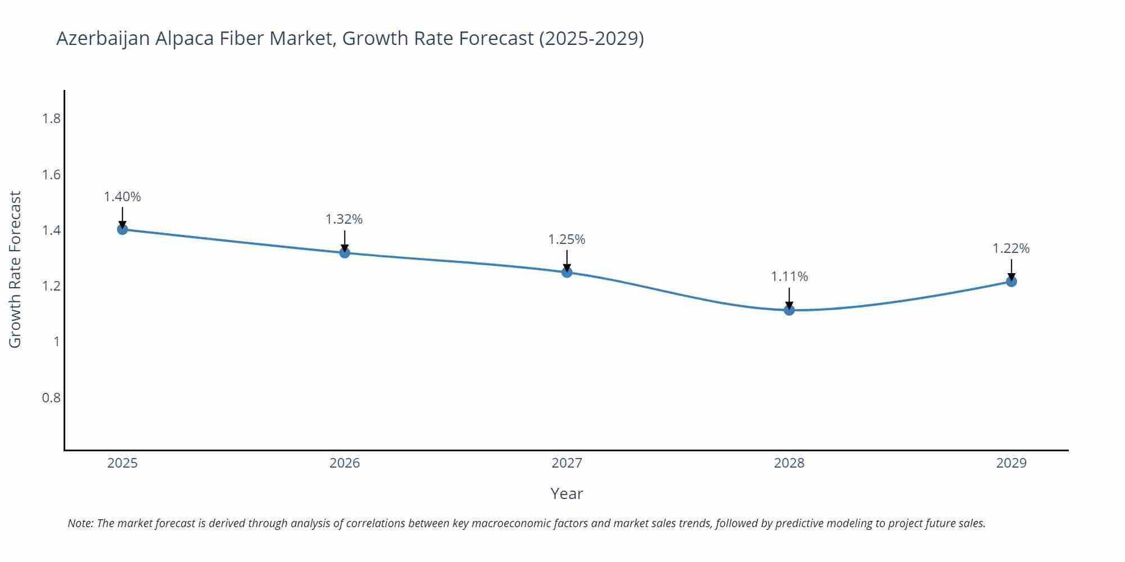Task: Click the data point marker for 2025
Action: pyautogui.click(x=122, y=229)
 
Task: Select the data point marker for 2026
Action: pyautogui.click(x=345, y=253)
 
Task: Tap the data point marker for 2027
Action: pyautogui.click(x=567, y=273)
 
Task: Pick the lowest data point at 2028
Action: pyautogui.click(x=789, y=310)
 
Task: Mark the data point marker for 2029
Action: pyautogui.click(x=1011, y=282)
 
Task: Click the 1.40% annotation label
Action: pyautogui.click(x=122, y=197)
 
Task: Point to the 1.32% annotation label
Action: pyautogui.click(x=344, y=219)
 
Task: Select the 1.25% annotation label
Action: pyautogui.click(x=567, y=239)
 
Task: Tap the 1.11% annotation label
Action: pyautogui.click(x=789, y=277)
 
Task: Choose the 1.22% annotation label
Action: pyautogui.click(x=1011, y=248)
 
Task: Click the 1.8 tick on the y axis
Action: pyautogui.click(x=52, y=119)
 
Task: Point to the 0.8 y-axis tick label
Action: pyautogui.click(x=52, y=398)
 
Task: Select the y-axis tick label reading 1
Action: pyautogui.click(x=57, y=342)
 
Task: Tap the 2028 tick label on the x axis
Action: pyautogui.click(x=789, y=463)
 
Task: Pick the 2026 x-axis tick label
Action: pyautogui.click(x=345, y=463)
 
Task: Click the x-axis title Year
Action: pyautogui.click(x=567, y=493)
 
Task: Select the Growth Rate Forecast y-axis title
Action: pyautogui.click(x=15, y=269)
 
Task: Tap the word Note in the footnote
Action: pyautogui.click(x=80, y=523)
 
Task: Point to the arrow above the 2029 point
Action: pyautogui.click(x=1011, y=269)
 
